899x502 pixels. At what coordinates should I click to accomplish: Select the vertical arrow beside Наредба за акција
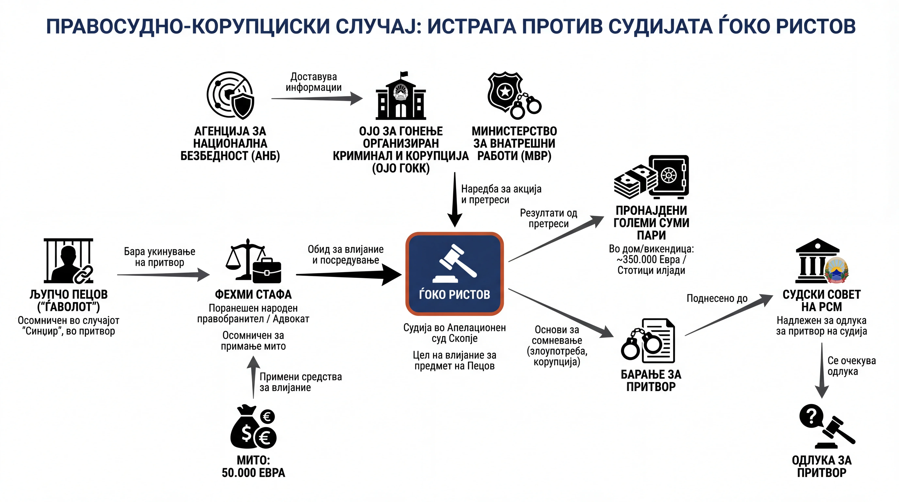pyautogui.click(x=455, y=200)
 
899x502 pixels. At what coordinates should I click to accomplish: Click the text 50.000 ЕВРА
pyautogui.click(x=253, y=473)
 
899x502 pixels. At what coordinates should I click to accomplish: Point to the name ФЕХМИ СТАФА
pyautogui.click(x=253, y=294)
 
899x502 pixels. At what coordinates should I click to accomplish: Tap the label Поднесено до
pyautogui.click(x=717, y=299)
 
